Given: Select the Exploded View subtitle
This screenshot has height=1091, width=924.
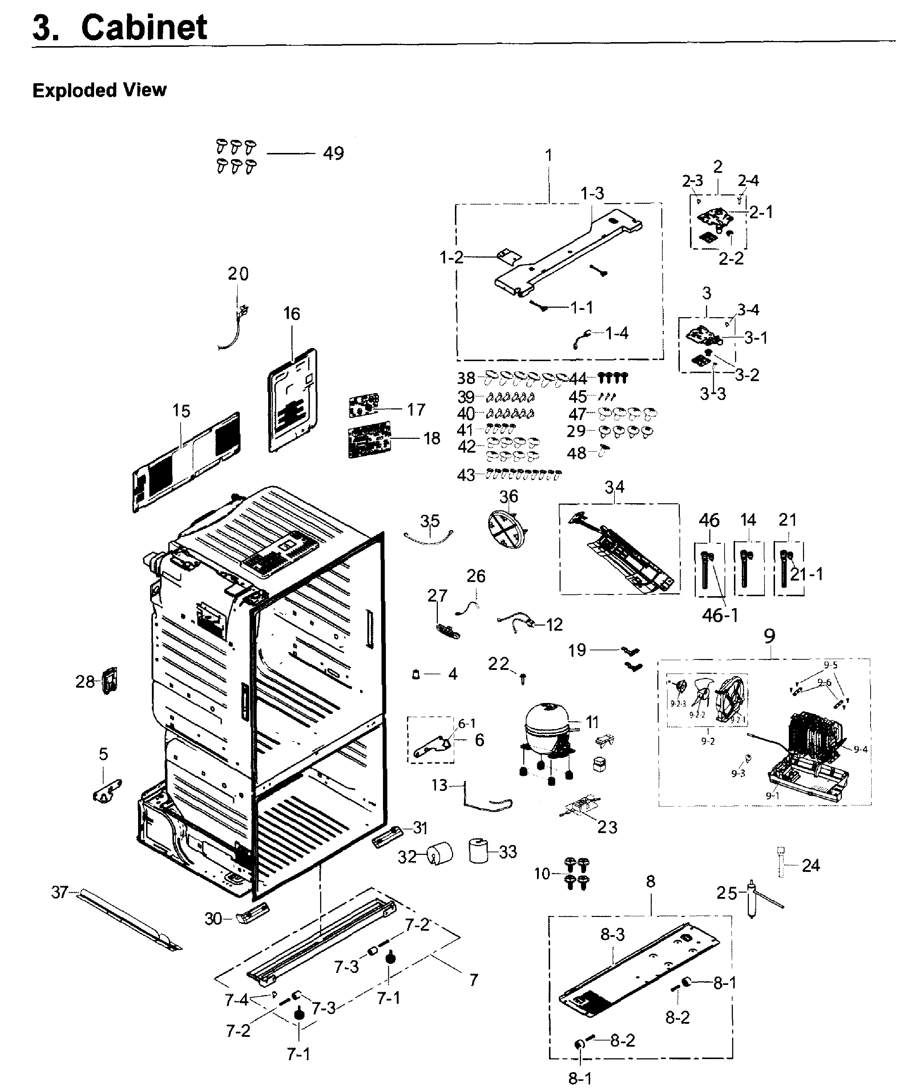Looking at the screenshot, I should (100, 90).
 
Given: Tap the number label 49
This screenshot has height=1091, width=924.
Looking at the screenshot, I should (333, 153).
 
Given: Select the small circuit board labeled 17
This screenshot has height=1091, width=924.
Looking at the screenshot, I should (364, 406).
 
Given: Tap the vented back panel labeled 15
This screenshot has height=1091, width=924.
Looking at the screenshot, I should (187, 461).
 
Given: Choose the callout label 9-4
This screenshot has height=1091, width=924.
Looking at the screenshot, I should (860, 749).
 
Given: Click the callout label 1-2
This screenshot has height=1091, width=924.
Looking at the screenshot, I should (451, 257).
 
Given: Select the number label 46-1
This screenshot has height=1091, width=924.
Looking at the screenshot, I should (720, 615).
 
